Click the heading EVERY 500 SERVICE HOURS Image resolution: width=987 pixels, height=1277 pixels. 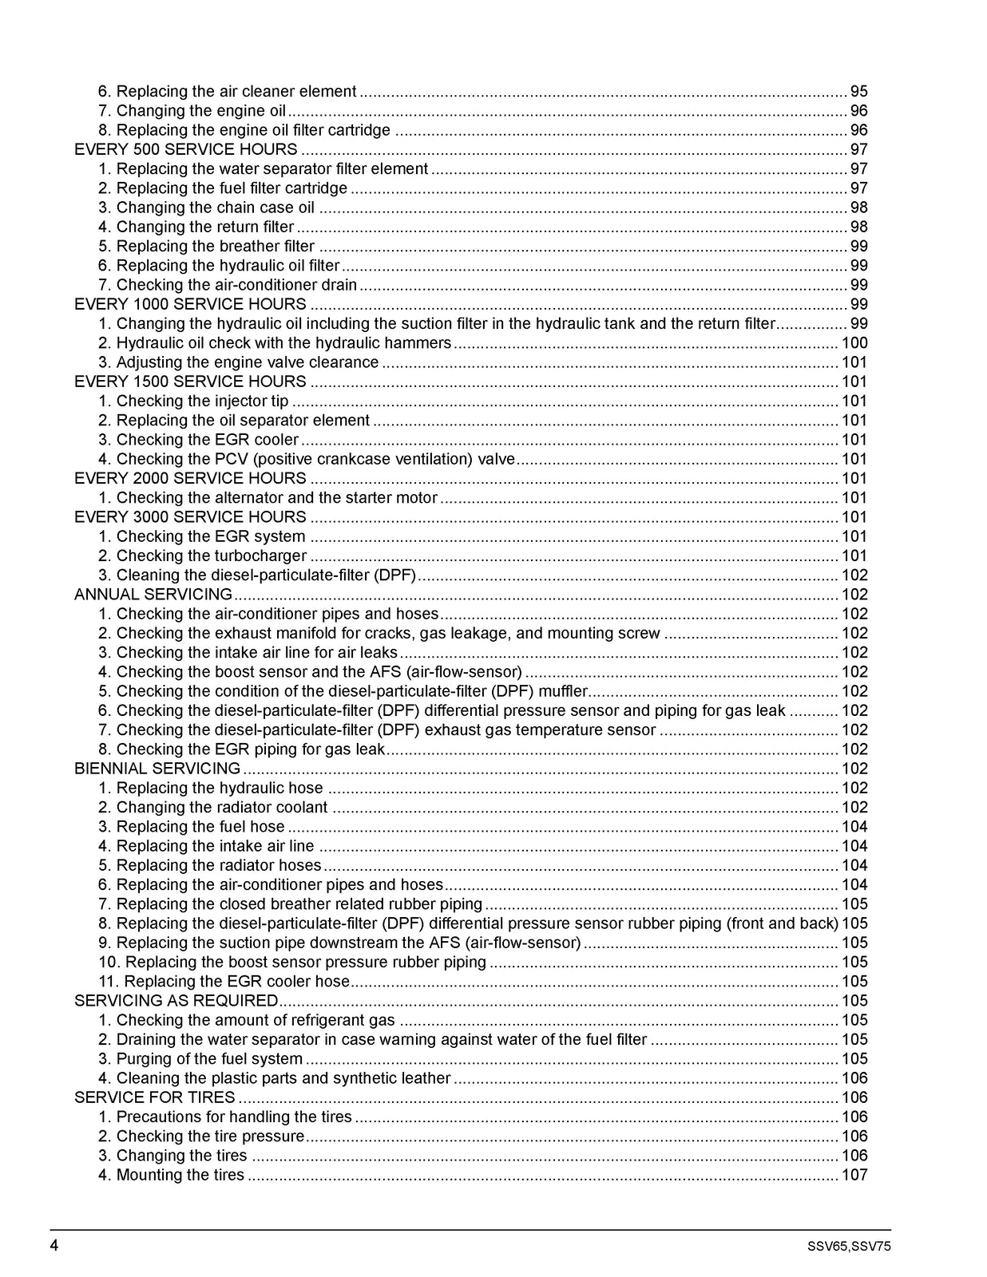tap(185, 149)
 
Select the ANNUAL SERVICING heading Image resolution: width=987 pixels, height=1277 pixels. tap(153, 594)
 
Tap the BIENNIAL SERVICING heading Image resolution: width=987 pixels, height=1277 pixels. tap(157, 768)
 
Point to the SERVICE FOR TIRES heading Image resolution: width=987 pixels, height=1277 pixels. tap(154, 1097)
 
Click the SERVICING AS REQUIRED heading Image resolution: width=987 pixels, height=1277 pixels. tap(176, 1000)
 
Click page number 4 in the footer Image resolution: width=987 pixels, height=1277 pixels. tap(55, 1246)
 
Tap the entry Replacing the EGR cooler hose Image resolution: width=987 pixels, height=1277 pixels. tap(224, 981)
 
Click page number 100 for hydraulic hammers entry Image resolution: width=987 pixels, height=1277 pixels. tap(854, 343)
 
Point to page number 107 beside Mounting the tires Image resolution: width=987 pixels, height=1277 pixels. tap(854, 1174)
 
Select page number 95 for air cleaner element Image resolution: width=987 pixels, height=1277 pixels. tap(858, 92)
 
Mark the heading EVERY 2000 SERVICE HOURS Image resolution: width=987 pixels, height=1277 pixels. tap(190, 478)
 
